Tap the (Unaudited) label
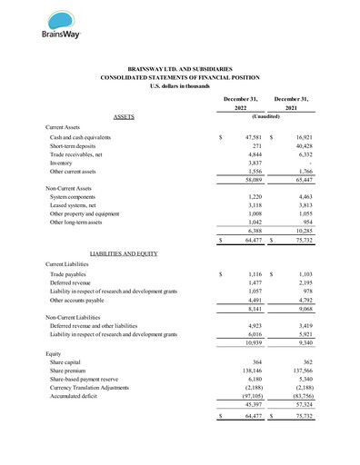coord(268,117)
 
